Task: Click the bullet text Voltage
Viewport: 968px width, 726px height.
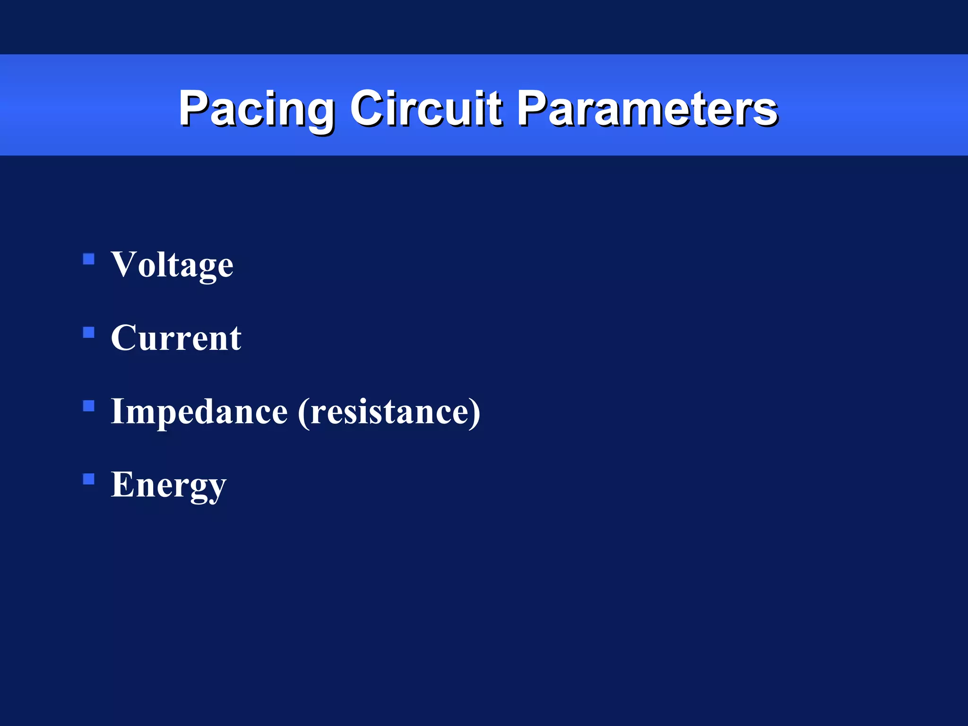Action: click(x=172, y=265)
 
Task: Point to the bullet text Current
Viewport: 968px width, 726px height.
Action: click(x=176, y=338)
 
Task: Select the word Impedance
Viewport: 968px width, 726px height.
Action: click(x=199, y=412)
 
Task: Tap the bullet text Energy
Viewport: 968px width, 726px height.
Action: click(x=168, y=485)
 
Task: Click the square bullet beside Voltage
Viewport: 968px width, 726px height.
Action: click(x=89, y=259)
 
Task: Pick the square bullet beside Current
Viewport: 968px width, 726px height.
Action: click(x=89, y=333)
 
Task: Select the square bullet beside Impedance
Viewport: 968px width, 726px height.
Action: click(x=89, y=406)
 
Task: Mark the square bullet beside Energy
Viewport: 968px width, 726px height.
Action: click(x=89, y=480)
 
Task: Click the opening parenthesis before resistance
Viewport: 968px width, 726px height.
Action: click(x=303, y=413)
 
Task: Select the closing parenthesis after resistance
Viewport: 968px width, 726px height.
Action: click(x=475, y=413)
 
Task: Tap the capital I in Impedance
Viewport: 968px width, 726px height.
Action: click(x=117, y=411)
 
